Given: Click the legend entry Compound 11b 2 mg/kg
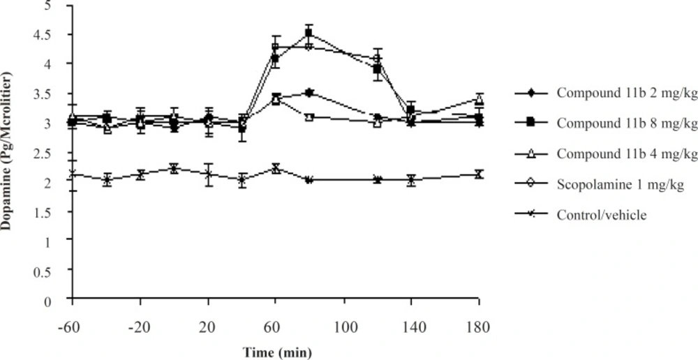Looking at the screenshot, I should pyautogui.click(x=605, y=93).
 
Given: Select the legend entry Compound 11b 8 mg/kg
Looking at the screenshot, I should pyautogui.click(x=605, y=123).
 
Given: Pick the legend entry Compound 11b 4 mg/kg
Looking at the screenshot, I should pyautogui.click(x=605, y=153).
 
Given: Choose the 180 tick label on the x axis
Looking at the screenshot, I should pyautogui.click(x=479, y=326).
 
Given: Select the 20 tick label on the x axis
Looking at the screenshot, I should pyautogui.click(x=208, y=326).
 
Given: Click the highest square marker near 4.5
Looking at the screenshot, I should pyautogui.click(x=309, y=33).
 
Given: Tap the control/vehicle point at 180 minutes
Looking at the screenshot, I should pyautogui.click(x=479, y=174).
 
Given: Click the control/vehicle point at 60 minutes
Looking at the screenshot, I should pyautogui.click(x=276, y=168).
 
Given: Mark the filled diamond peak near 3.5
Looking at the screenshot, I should pyautogui.click(x=309, y=93).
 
